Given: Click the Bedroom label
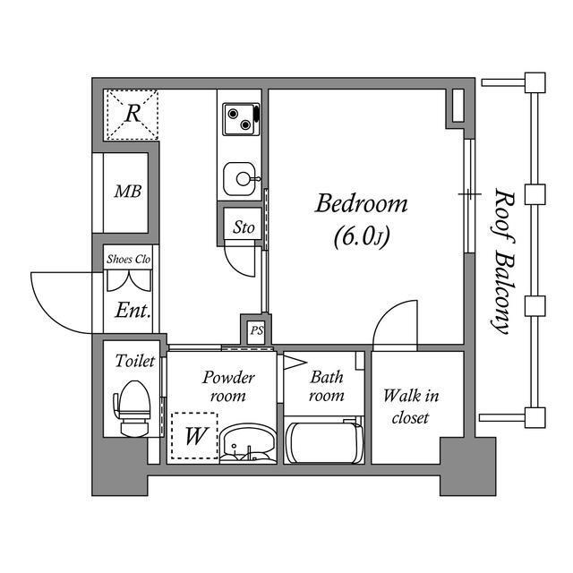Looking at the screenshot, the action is click(361, 204).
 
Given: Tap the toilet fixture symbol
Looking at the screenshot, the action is click(133, 408).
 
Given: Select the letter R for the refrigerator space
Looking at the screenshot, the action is click(133, 114).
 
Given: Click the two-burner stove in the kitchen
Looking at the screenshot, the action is click(241, 119).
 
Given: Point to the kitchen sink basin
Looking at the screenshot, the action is click(239, 179).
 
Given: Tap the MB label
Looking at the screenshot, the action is click(127, 192).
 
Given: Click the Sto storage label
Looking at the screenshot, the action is click(244, 227).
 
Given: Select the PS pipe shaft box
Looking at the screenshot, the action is click(257, 331).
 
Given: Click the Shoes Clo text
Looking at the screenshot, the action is click(128, 259).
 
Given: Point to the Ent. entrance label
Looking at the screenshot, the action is click(133, 311).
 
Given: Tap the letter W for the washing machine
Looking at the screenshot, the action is click(196, 436).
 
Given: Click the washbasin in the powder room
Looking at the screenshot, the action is click(248, 444).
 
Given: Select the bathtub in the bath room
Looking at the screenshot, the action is click(324, 442).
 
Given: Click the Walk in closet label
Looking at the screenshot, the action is click(411, 406).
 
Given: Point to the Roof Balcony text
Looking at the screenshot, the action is click(503, 261).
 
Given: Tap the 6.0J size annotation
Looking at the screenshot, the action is click(362, 236).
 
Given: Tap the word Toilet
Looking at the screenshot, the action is click(135, 361).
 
